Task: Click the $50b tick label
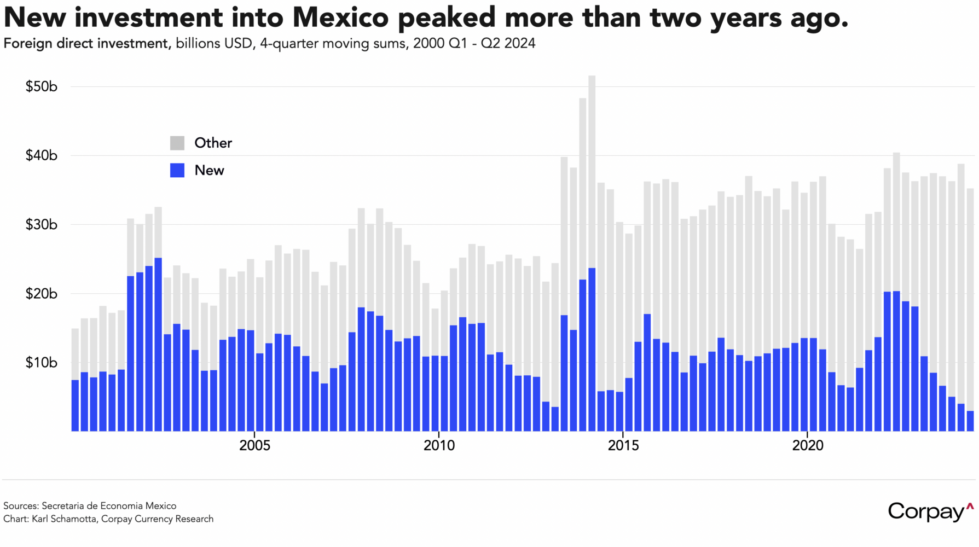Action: point(41,86)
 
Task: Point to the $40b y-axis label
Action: point(41,155)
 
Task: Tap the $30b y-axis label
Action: point(41,224)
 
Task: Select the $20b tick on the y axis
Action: point(41,294)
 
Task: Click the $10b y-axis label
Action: point(41,363)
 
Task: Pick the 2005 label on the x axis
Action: point(254,445)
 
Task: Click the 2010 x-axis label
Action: point(439,445)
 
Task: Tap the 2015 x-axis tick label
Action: point(623,445)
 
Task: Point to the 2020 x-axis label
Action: point(808,445)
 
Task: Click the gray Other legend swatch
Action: point(177,143)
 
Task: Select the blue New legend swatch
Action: point(177,170)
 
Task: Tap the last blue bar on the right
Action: point(970,421)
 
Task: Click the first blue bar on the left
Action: point(75,405)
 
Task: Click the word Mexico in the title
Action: point(340,18)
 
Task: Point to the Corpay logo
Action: point(930,511)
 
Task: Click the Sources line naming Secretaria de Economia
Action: point(90,506)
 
